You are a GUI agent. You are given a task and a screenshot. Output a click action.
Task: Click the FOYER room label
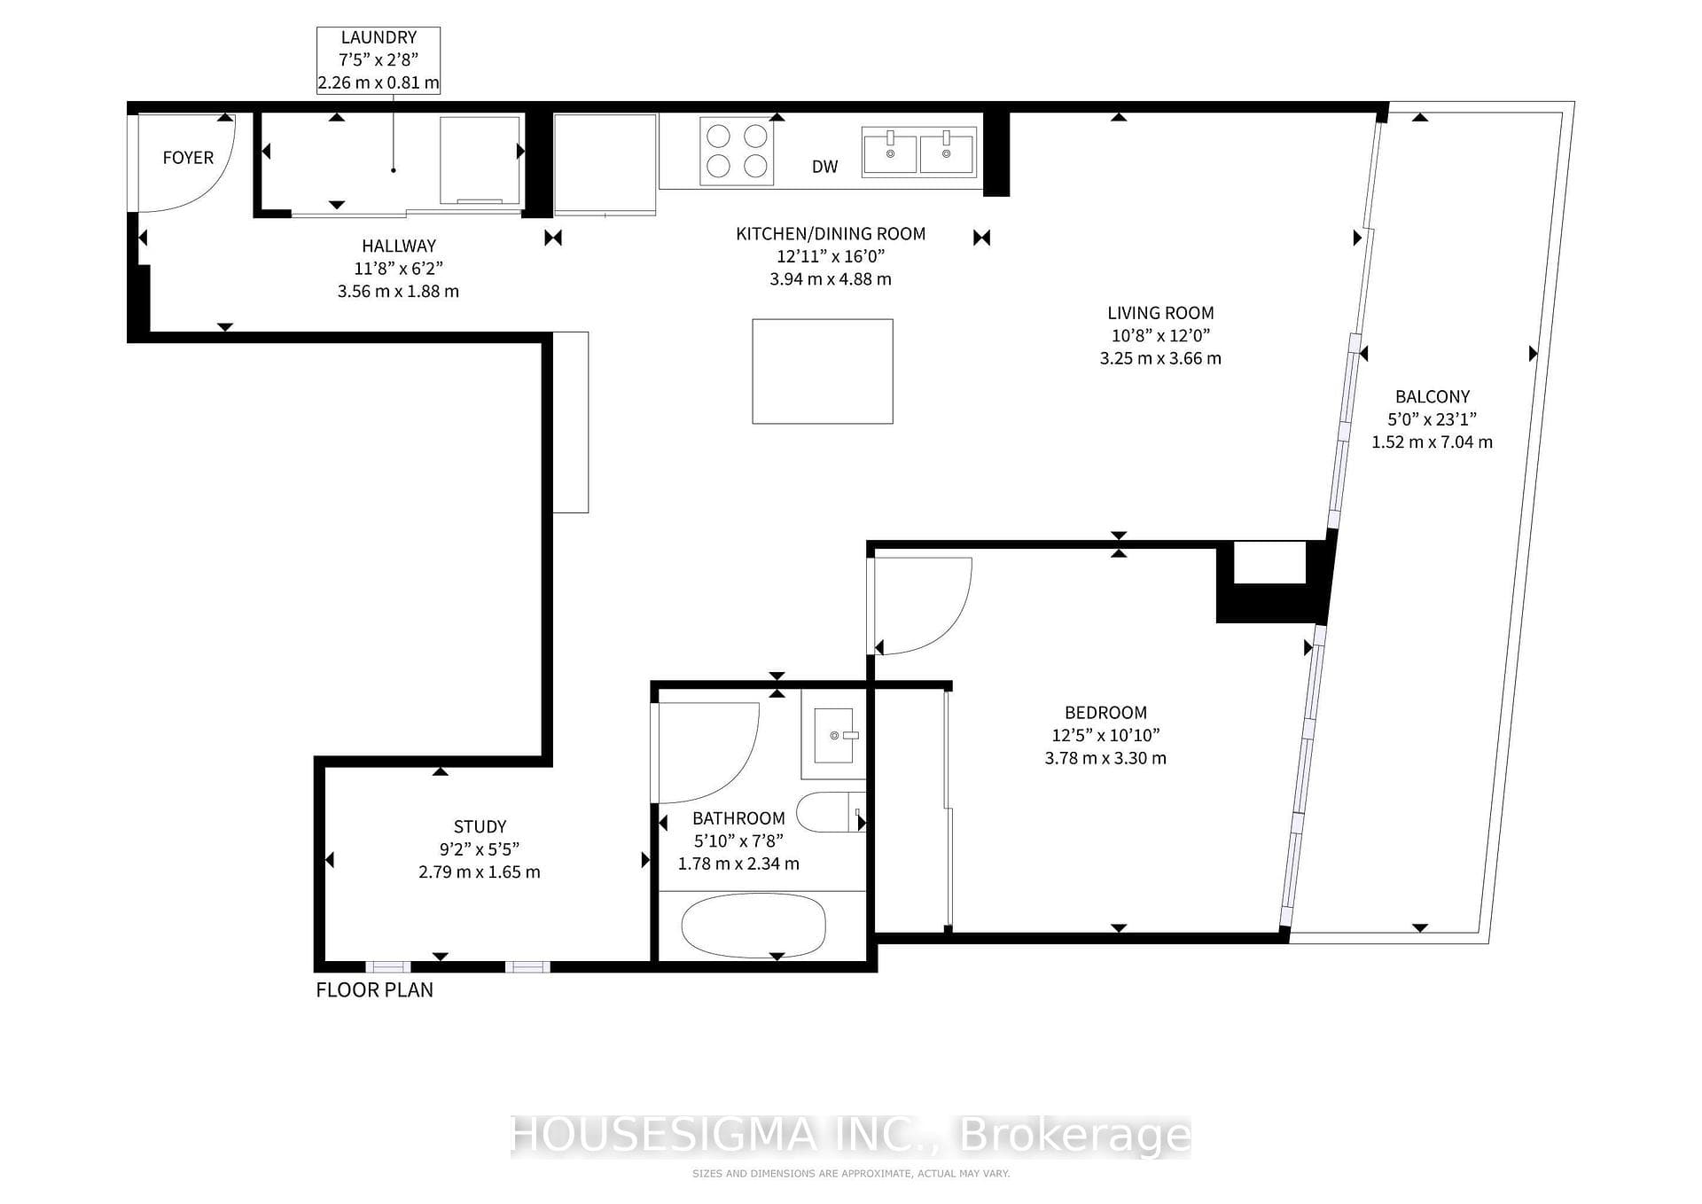point(188,158)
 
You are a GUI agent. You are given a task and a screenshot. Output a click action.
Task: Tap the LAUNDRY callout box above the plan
point(379,60)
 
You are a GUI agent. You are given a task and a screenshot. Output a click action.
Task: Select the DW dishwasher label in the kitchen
point(824,167)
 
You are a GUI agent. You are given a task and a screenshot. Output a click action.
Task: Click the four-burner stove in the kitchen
point(737,151)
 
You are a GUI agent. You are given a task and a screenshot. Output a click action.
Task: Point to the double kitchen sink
point(919,152)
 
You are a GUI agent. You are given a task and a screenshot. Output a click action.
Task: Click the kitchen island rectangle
point(823,371)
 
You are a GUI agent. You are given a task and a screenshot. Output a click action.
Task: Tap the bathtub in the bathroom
point(753,926)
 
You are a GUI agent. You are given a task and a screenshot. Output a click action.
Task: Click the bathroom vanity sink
point(833,735)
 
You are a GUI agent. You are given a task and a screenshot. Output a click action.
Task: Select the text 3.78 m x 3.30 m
point(1105,758)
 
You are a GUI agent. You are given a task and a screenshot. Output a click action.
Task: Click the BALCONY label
point(1433,397)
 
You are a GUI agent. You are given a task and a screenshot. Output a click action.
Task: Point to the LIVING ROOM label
point(1160,313)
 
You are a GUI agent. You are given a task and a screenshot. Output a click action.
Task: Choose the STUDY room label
point(480,826)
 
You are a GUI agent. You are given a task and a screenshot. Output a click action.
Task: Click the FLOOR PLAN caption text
point(375,990)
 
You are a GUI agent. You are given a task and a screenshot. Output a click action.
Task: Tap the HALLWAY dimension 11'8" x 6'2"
point(398,269)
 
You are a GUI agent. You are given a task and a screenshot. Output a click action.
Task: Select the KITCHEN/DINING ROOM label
point(831,234)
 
